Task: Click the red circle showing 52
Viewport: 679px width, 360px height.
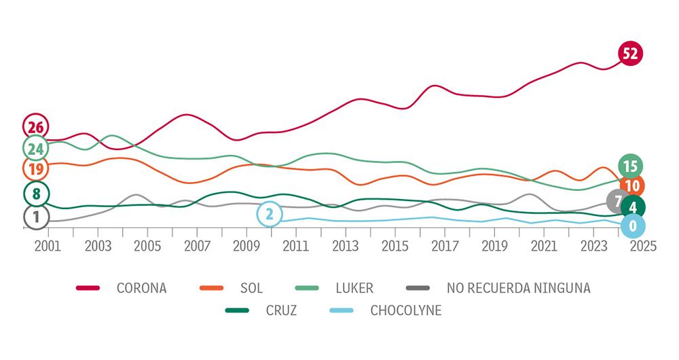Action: (x=631, y=54)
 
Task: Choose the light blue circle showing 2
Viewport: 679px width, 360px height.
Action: (x=270, y=215)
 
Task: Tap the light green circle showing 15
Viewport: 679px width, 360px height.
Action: (x=630, y=166)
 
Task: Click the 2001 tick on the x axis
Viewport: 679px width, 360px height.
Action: (x=48, y=246)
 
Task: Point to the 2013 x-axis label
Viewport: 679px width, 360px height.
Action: (x=345, y=246)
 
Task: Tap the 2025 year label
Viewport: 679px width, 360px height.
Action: (x=643, y=246)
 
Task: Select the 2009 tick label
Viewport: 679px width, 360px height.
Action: (x=246, y=246)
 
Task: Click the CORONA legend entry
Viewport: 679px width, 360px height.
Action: (x=141, y=288)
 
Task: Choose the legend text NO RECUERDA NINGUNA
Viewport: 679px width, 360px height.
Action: (x=519, y=288)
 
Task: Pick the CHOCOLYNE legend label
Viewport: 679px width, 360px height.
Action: (x=406, y=311)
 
